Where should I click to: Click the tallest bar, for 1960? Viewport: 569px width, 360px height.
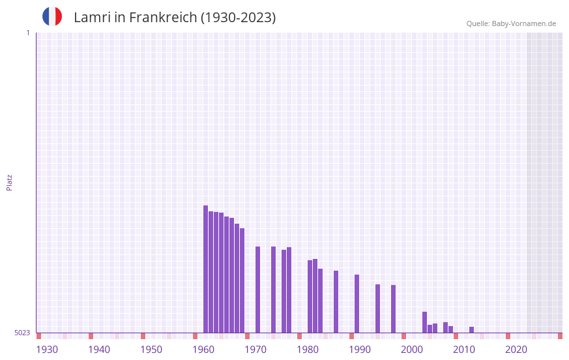(x=205, y=269)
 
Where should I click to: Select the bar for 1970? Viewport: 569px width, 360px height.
(x=257, y=290)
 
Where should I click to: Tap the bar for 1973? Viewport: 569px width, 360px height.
(x=273, y=290)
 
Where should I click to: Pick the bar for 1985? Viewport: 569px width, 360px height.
(x=336, y=301)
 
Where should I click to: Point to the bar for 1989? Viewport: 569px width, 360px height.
(x=357, y=303)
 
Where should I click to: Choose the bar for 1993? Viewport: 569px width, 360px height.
(x=377, y=308)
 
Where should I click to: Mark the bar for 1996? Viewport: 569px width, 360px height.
(x=393, y=308)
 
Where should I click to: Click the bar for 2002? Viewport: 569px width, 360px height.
(x=424, y=322)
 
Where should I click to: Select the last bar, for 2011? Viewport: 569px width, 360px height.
(x=471, y=329)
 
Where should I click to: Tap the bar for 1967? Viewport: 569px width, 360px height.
(x=242, y=280)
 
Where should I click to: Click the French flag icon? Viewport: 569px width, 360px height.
(x=52, y=17)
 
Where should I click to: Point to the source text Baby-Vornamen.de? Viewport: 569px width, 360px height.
(x=523, y=23)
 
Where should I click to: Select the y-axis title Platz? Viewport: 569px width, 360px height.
(x=9, y=182)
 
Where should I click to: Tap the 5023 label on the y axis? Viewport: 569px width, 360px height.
(x=22, y=333)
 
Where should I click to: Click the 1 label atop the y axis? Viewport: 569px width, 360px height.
(x=27, y=33)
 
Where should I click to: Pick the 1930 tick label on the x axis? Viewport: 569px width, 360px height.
(x=47, y=350)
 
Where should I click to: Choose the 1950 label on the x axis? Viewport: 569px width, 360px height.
(x=151, y=350)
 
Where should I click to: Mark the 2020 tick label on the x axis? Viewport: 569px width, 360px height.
(x=516, y=350)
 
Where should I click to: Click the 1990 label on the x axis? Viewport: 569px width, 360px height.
(x=360, y=350)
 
